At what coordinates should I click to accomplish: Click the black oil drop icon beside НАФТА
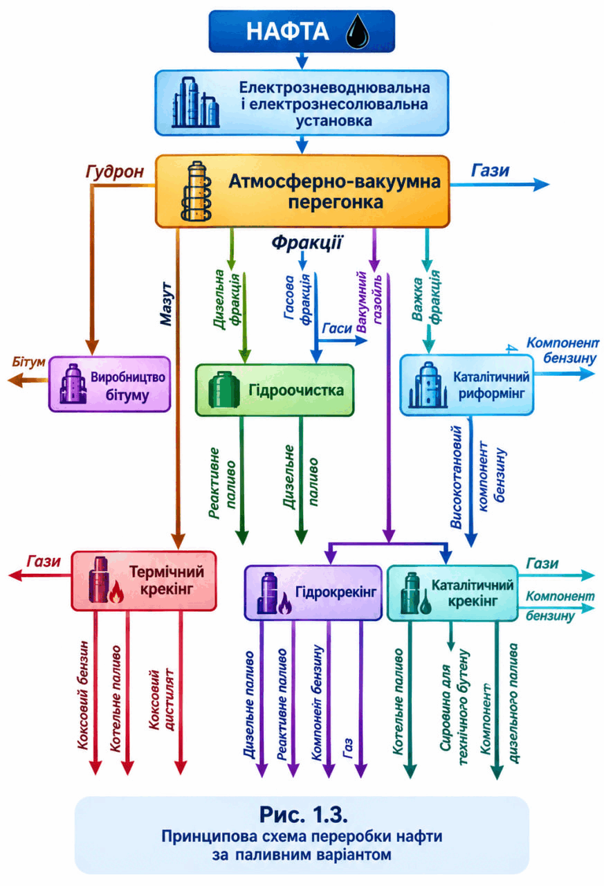tap(357, 32)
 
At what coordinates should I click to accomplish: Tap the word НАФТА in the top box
tap(287, 32)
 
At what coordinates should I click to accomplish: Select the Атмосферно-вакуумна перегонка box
tap(302, 191)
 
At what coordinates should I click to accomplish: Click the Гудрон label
tap(115, 172)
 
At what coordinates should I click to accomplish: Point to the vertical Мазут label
tap(167, 304)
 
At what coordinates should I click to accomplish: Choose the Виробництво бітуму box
tap(109, 384)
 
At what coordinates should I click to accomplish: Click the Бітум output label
tap(28, 361)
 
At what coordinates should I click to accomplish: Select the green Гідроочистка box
tap(275, 390)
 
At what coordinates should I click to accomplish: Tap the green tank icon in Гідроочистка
tap(223, 390)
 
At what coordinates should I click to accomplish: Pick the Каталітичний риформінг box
tap(466, 385)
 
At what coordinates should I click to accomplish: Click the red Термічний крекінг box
tap(144, 581)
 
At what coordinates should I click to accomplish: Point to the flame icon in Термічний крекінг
tap(116, 592)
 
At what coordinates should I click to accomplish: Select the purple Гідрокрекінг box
tap(313, 593)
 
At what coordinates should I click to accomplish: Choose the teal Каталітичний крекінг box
tap(452, 593)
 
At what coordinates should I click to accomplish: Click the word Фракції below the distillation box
tap(306, 242)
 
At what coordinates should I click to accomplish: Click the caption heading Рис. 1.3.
tap(304, 815)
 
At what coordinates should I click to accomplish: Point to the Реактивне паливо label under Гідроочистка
tap(222, 482)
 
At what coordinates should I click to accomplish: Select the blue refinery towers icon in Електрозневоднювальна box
tap(195, 102)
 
